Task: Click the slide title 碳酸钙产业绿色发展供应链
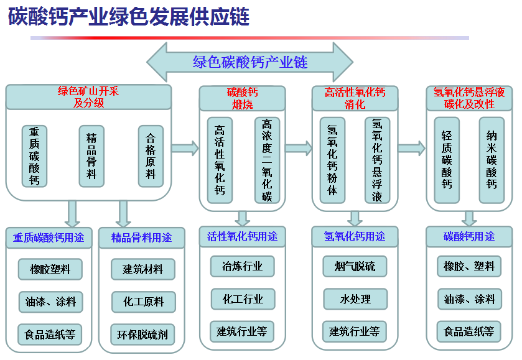(129, 16)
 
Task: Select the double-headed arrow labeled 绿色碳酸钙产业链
(249, 62)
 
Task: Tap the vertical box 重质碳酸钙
(34, 156)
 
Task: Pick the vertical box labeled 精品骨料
(91, 156)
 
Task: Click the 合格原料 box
(151, 156)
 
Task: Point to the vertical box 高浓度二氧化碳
(267, 160)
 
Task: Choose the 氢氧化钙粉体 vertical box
(332, 160)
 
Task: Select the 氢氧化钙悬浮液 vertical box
(377, 160)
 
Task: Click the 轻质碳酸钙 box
(447, 160)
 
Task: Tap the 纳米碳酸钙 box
(492, 160)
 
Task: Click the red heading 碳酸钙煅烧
(243, 98)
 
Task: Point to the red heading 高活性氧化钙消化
(355, 98)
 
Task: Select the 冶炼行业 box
(243, 266)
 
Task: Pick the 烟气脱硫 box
(355, 266)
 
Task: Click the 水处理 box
(355, 299)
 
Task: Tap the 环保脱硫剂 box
(142, 335)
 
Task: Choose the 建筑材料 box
(143, 269)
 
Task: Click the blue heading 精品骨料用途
(141, 238)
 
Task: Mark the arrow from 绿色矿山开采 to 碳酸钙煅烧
(185, 148)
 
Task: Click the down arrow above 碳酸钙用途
(469, 219)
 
